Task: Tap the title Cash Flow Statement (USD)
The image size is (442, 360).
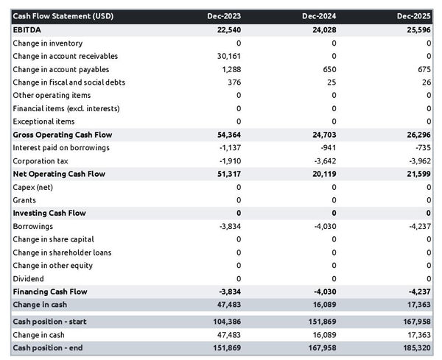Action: [x=57, y=16]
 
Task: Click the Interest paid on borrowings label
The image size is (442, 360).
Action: [x=61, y=148]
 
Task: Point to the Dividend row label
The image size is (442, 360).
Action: [x=29, y=279]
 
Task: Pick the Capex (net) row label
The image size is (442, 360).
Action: [x=34, y=187]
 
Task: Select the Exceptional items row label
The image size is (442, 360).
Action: [x=43, y=121]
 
